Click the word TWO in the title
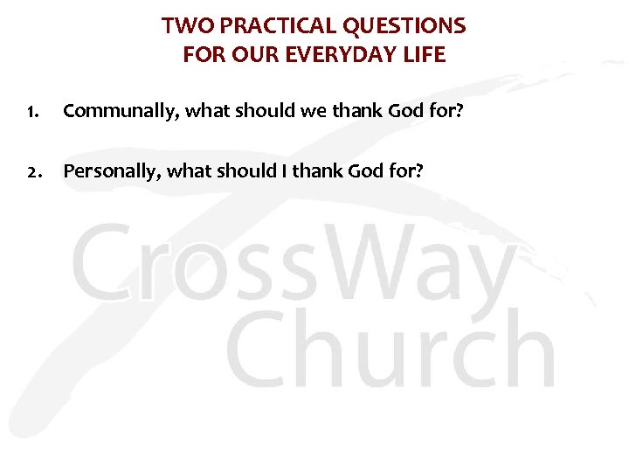click(181, 26)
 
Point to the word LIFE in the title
click(425, 55)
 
